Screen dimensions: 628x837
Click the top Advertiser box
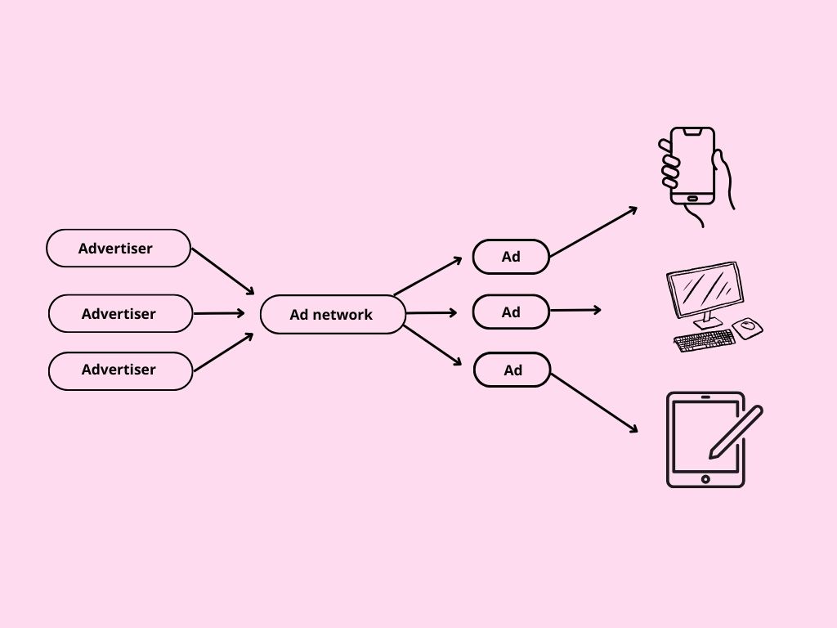[119, 248]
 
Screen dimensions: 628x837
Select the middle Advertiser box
[120, 313]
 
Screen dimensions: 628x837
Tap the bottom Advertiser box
[120, 370]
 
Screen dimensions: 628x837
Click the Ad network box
[333, 314]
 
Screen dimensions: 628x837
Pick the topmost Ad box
[511, 257]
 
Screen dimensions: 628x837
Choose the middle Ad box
[511, 312]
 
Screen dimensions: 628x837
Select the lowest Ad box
[512, 370]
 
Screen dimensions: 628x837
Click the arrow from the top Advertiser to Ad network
[222, 271]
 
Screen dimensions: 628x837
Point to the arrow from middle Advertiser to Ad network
[218, 313]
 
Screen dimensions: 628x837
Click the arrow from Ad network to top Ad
[427, 276]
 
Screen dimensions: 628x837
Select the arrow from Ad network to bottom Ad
[432, 345]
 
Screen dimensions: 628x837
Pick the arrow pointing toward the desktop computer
[575, 310]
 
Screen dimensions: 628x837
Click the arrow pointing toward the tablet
[594, 402]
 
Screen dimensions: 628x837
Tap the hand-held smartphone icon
[693, 167]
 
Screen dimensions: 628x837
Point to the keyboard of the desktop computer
[704, 339]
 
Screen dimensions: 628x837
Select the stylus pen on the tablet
[736, 431]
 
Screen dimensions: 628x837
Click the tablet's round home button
[705, 479]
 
